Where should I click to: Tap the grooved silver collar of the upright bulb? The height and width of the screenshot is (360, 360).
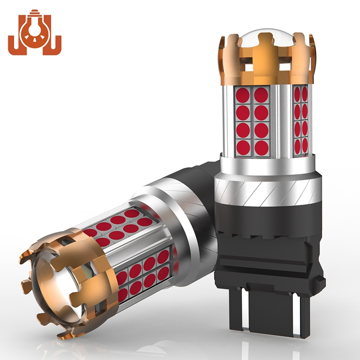pyautogui.click(x=267, y=189)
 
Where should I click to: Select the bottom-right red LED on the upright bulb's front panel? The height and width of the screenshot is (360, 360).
pyautogui.click(x=261, y=147)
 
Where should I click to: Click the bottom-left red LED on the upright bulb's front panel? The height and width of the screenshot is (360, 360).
pyautogui.click(x=243, y=147)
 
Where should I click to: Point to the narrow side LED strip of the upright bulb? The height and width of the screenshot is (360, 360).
pyautogui.click(x=301, y=119)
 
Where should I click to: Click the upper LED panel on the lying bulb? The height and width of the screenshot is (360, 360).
pyautogui.click(x=119, y=225)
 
